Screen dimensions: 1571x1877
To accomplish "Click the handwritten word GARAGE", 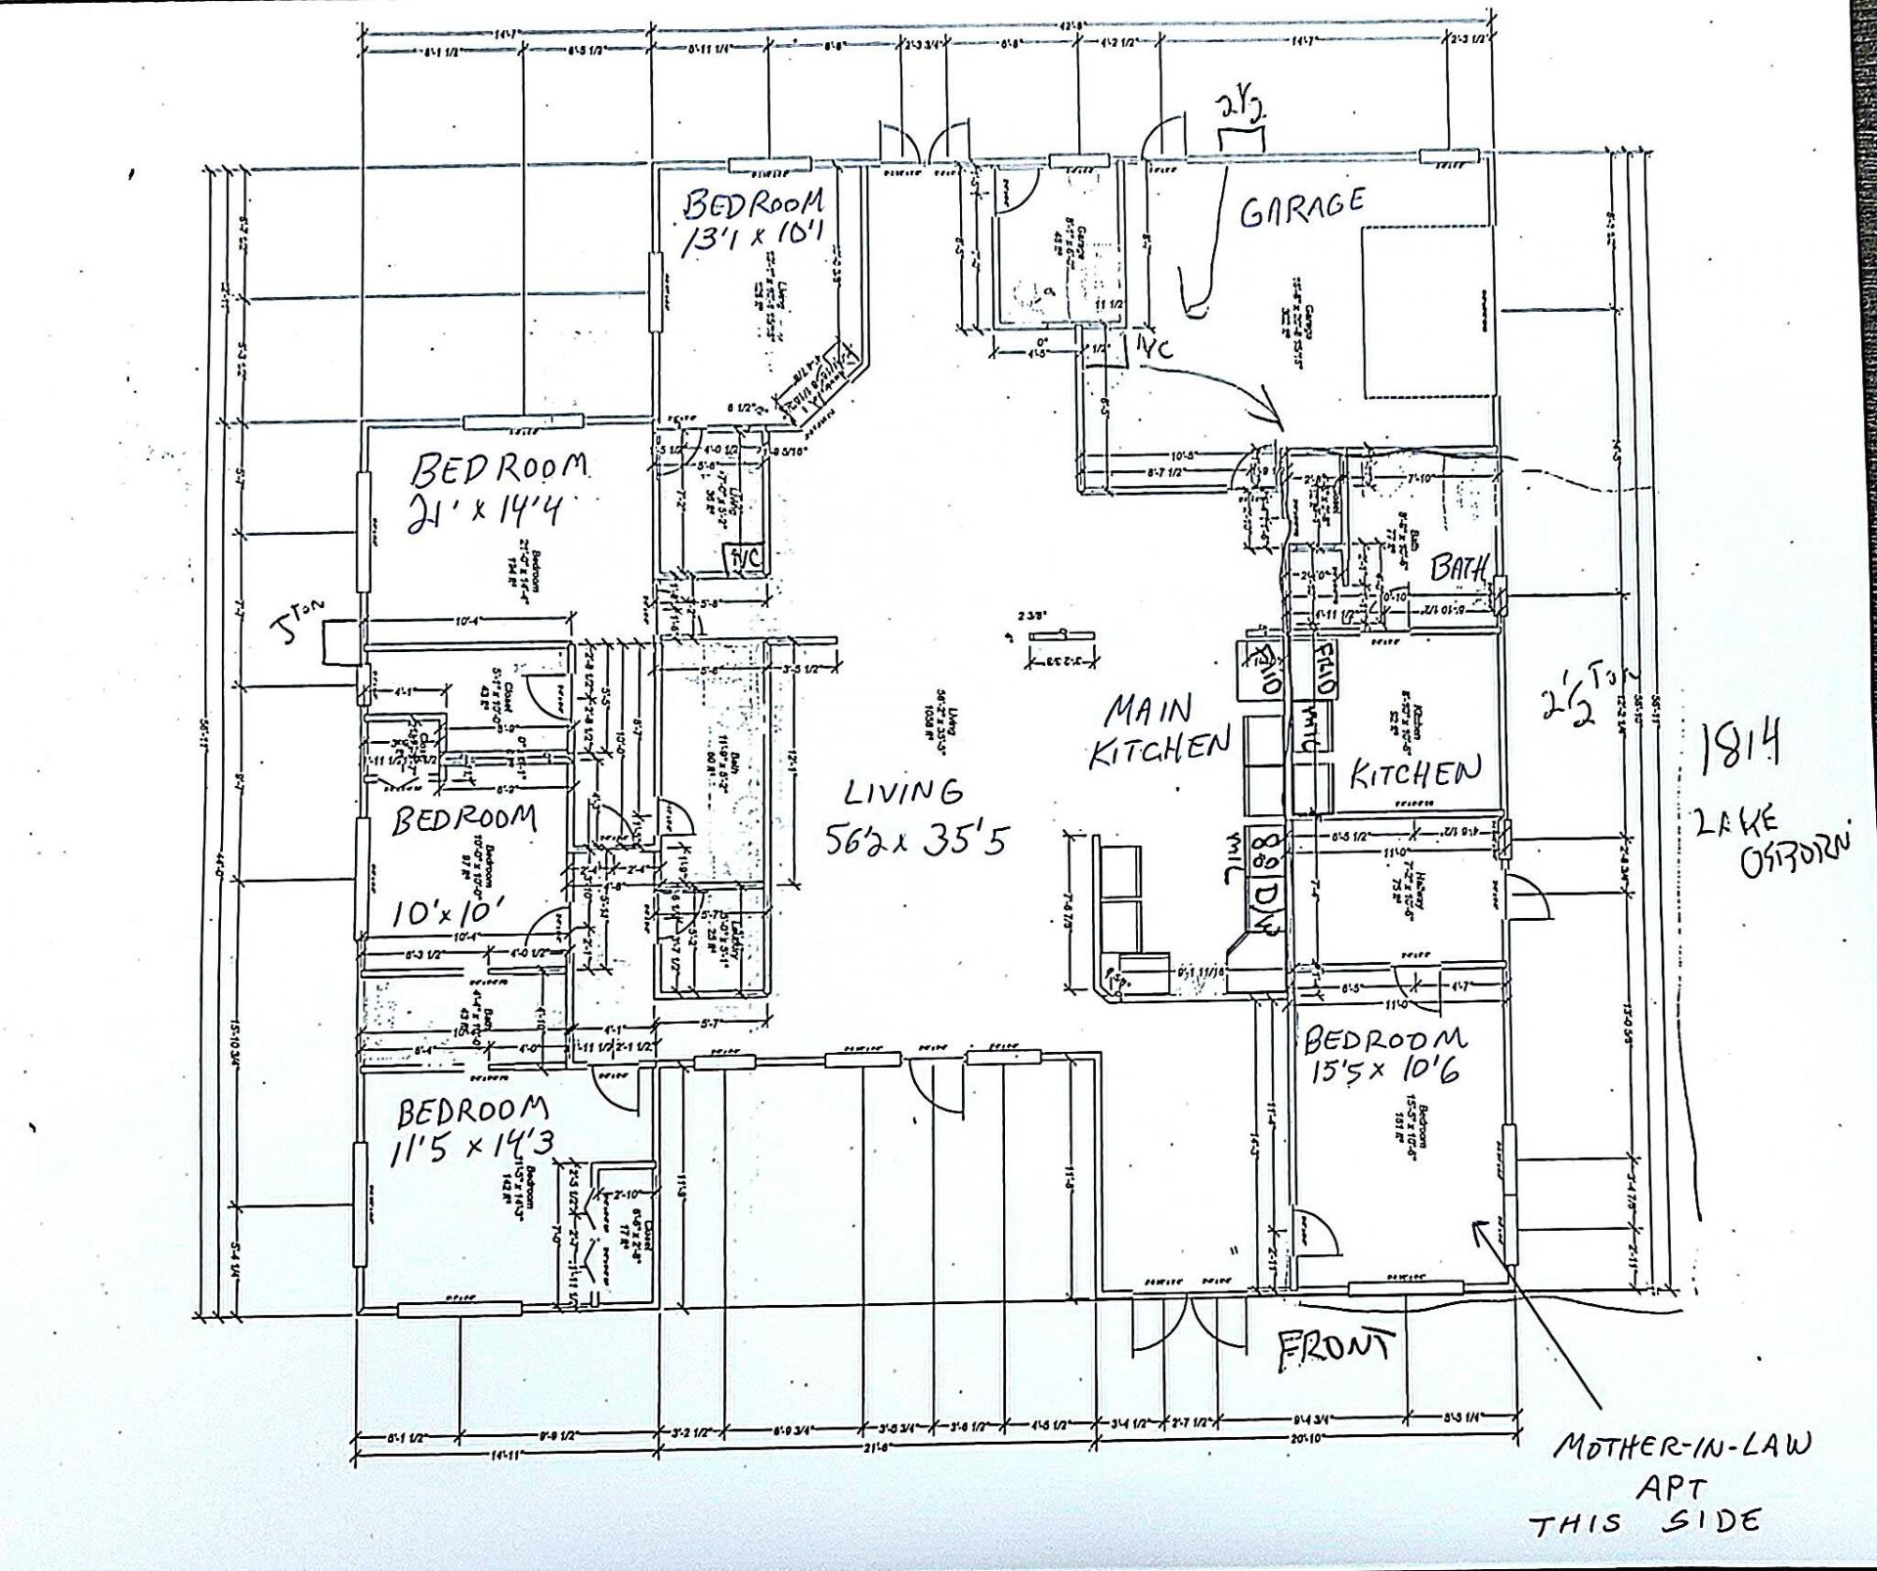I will tap(1301, 207).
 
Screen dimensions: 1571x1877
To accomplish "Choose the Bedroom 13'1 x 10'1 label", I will tap(753, 220).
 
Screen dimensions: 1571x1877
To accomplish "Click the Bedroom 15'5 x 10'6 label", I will tap(1386, 1054).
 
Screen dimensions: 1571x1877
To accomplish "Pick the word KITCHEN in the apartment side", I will tap(1414, 774).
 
